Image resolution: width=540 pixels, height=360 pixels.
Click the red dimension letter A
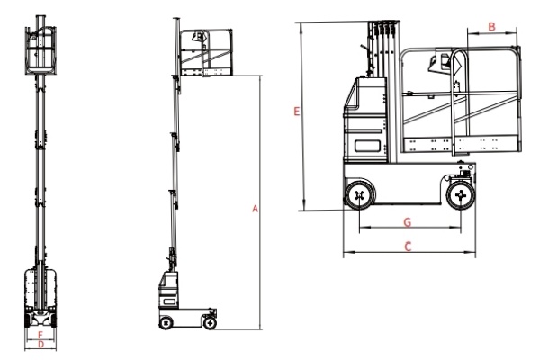tap(255, 209)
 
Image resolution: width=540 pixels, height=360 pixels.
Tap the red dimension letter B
tap(491, 26)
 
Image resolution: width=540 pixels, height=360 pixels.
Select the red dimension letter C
tap(408, 247)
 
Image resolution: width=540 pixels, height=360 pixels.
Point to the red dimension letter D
tap(41, 344)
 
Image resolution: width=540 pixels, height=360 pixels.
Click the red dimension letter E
tap(296, 112)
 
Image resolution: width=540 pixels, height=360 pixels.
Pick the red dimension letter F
tap(40, 335)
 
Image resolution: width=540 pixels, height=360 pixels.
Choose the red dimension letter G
tap(408, 222)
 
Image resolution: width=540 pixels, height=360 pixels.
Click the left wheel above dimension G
tap(359, 195)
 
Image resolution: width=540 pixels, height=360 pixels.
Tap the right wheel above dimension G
tap(461, 195)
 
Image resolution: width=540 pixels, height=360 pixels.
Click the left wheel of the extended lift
tap(166, 323)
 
